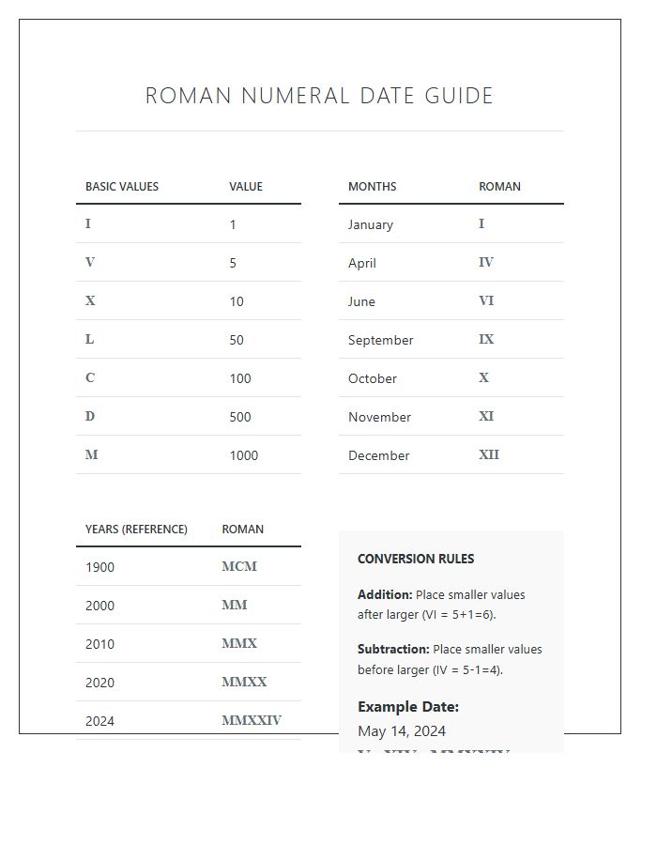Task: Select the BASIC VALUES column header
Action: [x=122, y=187]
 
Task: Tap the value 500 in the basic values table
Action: [x=240, y=417]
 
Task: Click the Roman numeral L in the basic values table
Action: [x=90, y=339]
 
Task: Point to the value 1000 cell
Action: [x=243, y=455]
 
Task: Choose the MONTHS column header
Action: [x=372, y=187]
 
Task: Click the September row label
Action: [x=380, y=340]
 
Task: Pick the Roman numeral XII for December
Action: [x=489, y=454]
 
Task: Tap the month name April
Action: [x=362, y=263]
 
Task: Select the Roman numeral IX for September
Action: [x=486, y=339]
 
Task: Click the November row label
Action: [x=379, y=417]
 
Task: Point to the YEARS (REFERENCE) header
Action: [x=136, y=530]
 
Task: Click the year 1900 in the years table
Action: [x=99, y=567]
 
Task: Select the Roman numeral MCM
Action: [x=239, y=566]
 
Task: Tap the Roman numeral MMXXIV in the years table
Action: [x=252, y=720]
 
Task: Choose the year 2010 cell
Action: [x=99, y=644]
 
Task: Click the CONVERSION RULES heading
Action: [x=416, y=559]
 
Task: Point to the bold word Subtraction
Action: [x=393, y=650]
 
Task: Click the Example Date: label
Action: [x=408, y=707]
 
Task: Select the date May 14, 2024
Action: [x=402, y=731]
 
